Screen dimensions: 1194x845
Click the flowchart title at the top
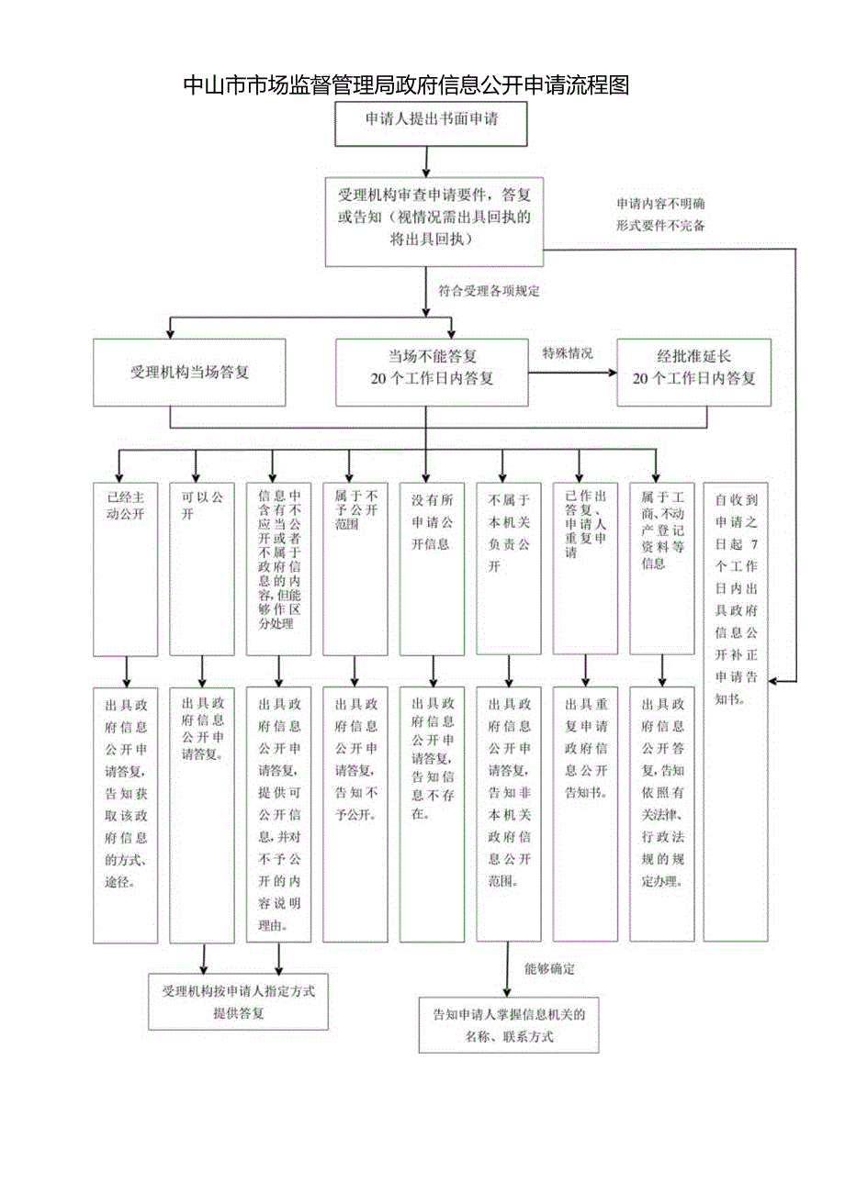click(406, 85)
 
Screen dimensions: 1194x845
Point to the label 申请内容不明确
click(660, 203)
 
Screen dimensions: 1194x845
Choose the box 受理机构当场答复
click(189, 373)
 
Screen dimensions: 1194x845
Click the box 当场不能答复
click(432, 373)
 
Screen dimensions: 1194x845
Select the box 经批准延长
click(693, 373)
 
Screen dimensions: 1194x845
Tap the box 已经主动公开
click(125, 569)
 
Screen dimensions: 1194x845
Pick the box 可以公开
click(201, 569)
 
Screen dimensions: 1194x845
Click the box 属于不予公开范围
click(355, 569)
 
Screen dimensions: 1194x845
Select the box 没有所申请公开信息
click(431, 569)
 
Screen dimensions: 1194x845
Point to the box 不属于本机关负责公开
click(508, 569)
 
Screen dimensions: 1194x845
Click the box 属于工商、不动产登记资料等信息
click(661, 569)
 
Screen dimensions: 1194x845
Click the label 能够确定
click(549, 969)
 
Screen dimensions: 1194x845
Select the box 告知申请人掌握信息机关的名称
click(508, 1025)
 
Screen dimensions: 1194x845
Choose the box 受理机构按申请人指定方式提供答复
click(238, 1002)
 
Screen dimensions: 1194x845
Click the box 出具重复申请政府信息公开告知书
click(584, 814)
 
